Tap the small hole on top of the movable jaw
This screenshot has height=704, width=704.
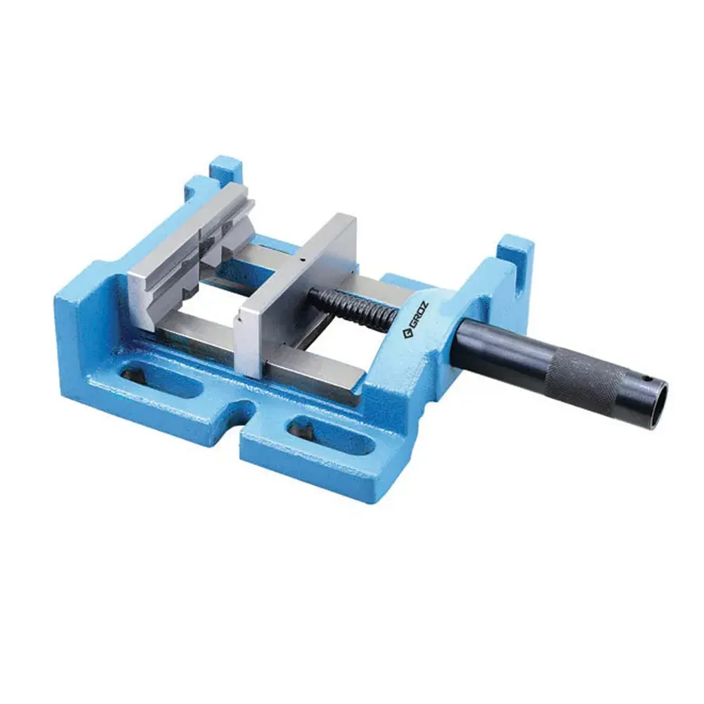(299, 262)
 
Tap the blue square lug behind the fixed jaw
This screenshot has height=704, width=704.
(225, 171)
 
